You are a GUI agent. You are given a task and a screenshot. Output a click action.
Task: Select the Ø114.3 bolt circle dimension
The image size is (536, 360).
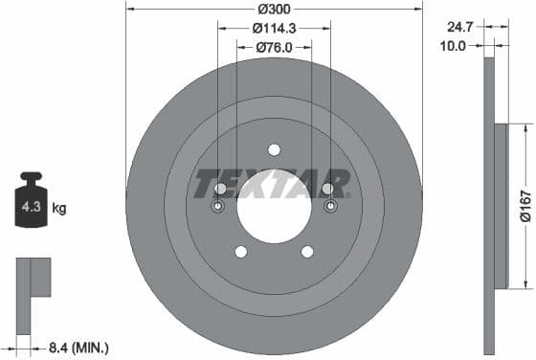pos(274,29)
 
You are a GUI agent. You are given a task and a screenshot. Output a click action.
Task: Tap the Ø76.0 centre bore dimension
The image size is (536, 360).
pos(274,47)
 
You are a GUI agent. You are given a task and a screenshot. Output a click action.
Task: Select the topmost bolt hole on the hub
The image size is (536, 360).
pos(274,149)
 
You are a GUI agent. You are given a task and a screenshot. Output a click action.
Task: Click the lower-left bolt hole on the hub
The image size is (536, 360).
pos(240,251)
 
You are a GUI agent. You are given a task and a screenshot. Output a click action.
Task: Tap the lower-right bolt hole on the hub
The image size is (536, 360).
pos(307,251)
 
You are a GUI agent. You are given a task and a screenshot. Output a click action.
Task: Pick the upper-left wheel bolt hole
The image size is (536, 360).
pos(220,189)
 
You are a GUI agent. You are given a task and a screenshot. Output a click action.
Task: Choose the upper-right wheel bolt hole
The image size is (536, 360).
pos(327,189)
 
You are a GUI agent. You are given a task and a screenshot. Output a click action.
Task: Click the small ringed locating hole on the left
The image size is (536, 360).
pos(217,207)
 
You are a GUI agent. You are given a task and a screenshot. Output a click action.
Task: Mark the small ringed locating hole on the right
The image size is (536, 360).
pos(330,207)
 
